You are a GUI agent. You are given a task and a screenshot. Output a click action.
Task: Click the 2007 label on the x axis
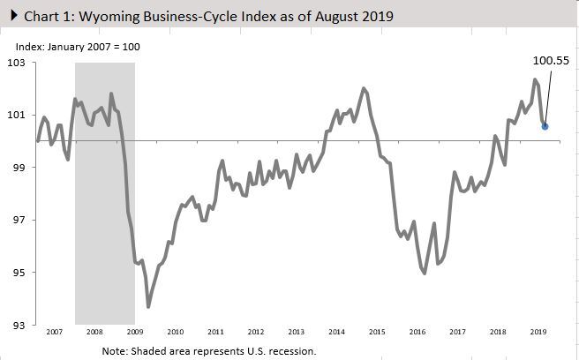click(55, 334)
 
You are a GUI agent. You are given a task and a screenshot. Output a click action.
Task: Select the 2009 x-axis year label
click(135, 334)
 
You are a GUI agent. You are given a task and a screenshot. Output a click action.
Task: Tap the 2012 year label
click(256, 334)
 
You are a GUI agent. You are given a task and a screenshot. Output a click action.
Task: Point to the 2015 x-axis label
click(377, 334)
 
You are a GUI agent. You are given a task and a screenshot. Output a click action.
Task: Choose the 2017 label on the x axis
click(457, 334)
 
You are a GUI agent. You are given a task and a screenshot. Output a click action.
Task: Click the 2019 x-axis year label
click(538, 334)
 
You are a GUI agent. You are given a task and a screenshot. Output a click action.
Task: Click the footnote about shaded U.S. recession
click(208, 350)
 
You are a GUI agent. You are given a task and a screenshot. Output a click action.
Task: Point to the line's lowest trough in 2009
click(148, 306)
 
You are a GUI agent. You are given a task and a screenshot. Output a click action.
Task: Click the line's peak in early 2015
click(364, 88)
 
